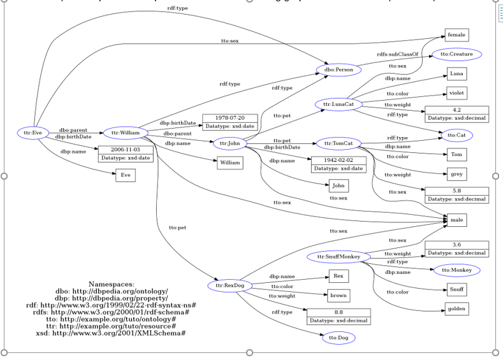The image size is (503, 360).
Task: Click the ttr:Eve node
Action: point(33,133)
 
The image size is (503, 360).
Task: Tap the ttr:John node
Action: point(229,143)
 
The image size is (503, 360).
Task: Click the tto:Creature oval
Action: point(456,55)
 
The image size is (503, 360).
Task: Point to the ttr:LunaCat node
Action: point(339,104)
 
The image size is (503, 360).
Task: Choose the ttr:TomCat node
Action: point(339,143)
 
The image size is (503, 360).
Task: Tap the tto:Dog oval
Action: point(338,338)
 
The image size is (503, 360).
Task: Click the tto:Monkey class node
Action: point(456,270)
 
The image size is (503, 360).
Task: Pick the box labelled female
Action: point(456,34)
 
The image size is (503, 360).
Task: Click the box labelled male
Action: point(456,220)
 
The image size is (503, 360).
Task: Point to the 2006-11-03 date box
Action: point(126,154)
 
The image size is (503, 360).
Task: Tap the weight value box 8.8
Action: point(338,315)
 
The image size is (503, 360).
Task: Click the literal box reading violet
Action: point(456,92)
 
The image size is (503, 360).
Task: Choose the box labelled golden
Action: point(456,309)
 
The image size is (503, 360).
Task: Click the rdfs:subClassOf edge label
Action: point(397,54)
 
